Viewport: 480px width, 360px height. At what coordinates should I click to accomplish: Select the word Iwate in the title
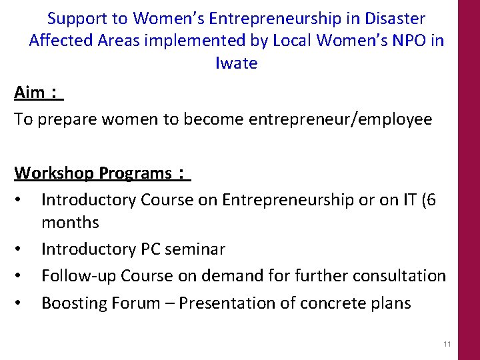(x=237, y=64)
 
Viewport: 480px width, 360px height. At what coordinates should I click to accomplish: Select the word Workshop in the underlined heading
(x=54, y=173)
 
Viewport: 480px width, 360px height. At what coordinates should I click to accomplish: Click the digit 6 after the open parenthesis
(x=431, y=200)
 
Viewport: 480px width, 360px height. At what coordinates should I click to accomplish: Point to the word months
(x=70, y=223)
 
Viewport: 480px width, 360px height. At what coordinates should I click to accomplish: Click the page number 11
(x=447, y=343)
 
